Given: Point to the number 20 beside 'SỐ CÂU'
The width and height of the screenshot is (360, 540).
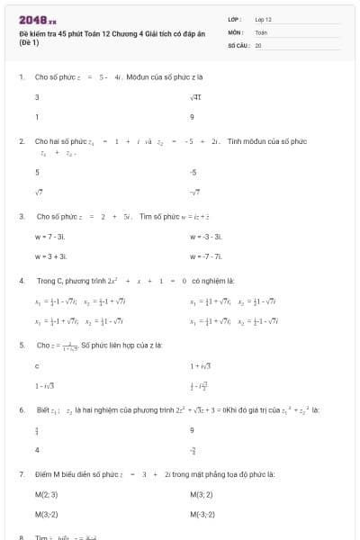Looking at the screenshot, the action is click(257, 43).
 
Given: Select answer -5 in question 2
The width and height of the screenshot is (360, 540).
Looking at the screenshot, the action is click(193, 171).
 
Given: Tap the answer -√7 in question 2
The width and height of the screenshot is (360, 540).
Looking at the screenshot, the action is click(194, 191).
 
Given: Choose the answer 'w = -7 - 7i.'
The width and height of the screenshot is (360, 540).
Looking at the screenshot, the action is click(206, 256).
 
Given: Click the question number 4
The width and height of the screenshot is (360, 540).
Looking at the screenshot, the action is click(21, 281).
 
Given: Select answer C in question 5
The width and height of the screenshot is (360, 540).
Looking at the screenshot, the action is click(37, 365).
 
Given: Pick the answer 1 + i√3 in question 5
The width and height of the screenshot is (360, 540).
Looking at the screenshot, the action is click(200, 365).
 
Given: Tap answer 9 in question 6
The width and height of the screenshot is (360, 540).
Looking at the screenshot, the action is click(193, 429).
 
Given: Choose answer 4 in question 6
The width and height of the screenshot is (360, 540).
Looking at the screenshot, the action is click(37, 449).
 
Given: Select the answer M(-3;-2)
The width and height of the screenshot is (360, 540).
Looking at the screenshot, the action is click(203, 514).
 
